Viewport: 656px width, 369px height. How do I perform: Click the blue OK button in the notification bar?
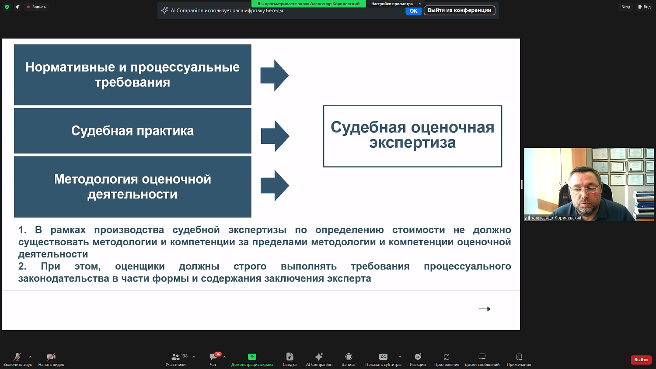point(413,11)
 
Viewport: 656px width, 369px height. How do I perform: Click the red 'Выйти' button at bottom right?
point(641,359)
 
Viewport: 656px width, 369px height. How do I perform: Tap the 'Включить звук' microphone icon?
point(17,357)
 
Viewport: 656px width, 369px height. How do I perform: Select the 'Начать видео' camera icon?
point(51,357)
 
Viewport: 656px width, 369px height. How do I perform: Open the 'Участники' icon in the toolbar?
point(175,357)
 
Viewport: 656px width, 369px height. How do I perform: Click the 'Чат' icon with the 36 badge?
point(213,357)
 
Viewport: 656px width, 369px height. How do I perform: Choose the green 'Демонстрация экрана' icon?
point(252,357)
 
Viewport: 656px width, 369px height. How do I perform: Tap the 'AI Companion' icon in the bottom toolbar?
point(319,357)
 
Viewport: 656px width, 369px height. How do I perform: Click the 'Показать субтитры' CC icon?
point(383,357)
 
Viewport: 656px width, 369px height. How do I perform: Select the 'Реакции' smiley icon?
point(418,357)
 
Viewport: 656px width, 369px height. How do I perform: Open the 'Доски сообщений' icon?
point(482,357)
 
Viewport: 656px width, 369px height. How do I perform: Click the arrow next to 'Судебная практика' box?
point(275,136)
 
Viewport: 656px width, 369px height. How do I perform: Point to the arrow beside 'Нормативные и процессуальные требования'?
point(275,75)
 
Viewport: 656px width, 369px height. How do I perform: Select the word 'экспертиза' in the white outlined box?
point(412,143)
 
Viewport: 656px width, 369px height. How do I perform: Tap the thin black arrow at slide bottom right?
point(485,309)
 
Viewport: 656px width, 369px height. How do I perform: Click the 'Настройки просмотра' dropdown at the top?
point(395,4)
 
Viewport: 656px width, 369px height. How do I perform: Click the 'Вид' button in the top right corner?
point(644,7)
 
